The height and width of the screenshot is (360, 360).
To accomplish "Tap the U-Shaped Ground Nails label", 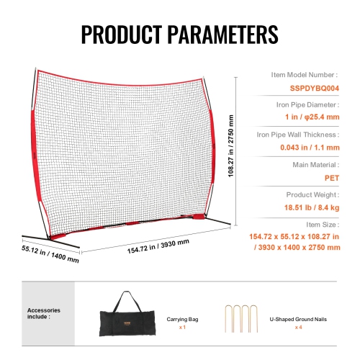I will (298, 318).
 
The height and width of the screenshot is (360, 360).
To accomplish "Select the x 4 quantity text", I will (298, 328).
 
